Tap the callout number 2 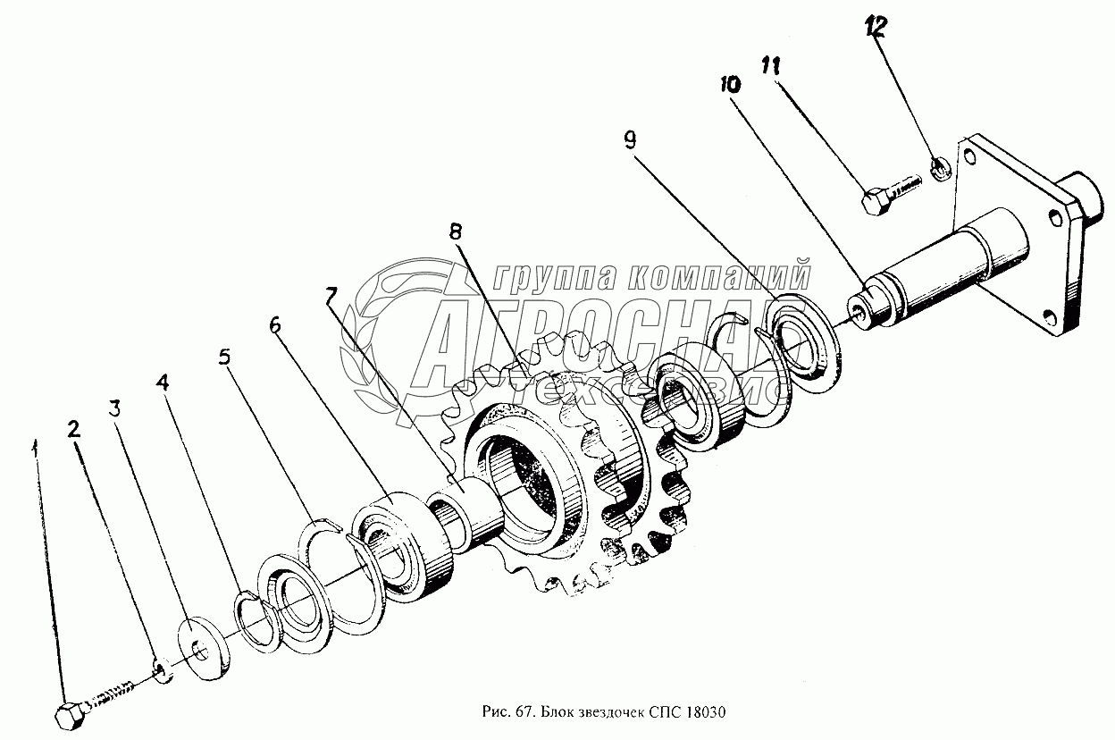pyautogui.click(x=75, y=428)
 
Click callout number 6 pyautogui.click(x=274, y=324)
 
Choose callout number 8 pyautogui.click(x=456, y=231)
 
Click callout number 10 pyautogui.click(x=729, y=86)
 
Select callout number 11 pyautogui.click(x=771, y=64)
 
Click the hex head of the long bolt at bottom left pyautogui.click(x=67, y=716)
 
